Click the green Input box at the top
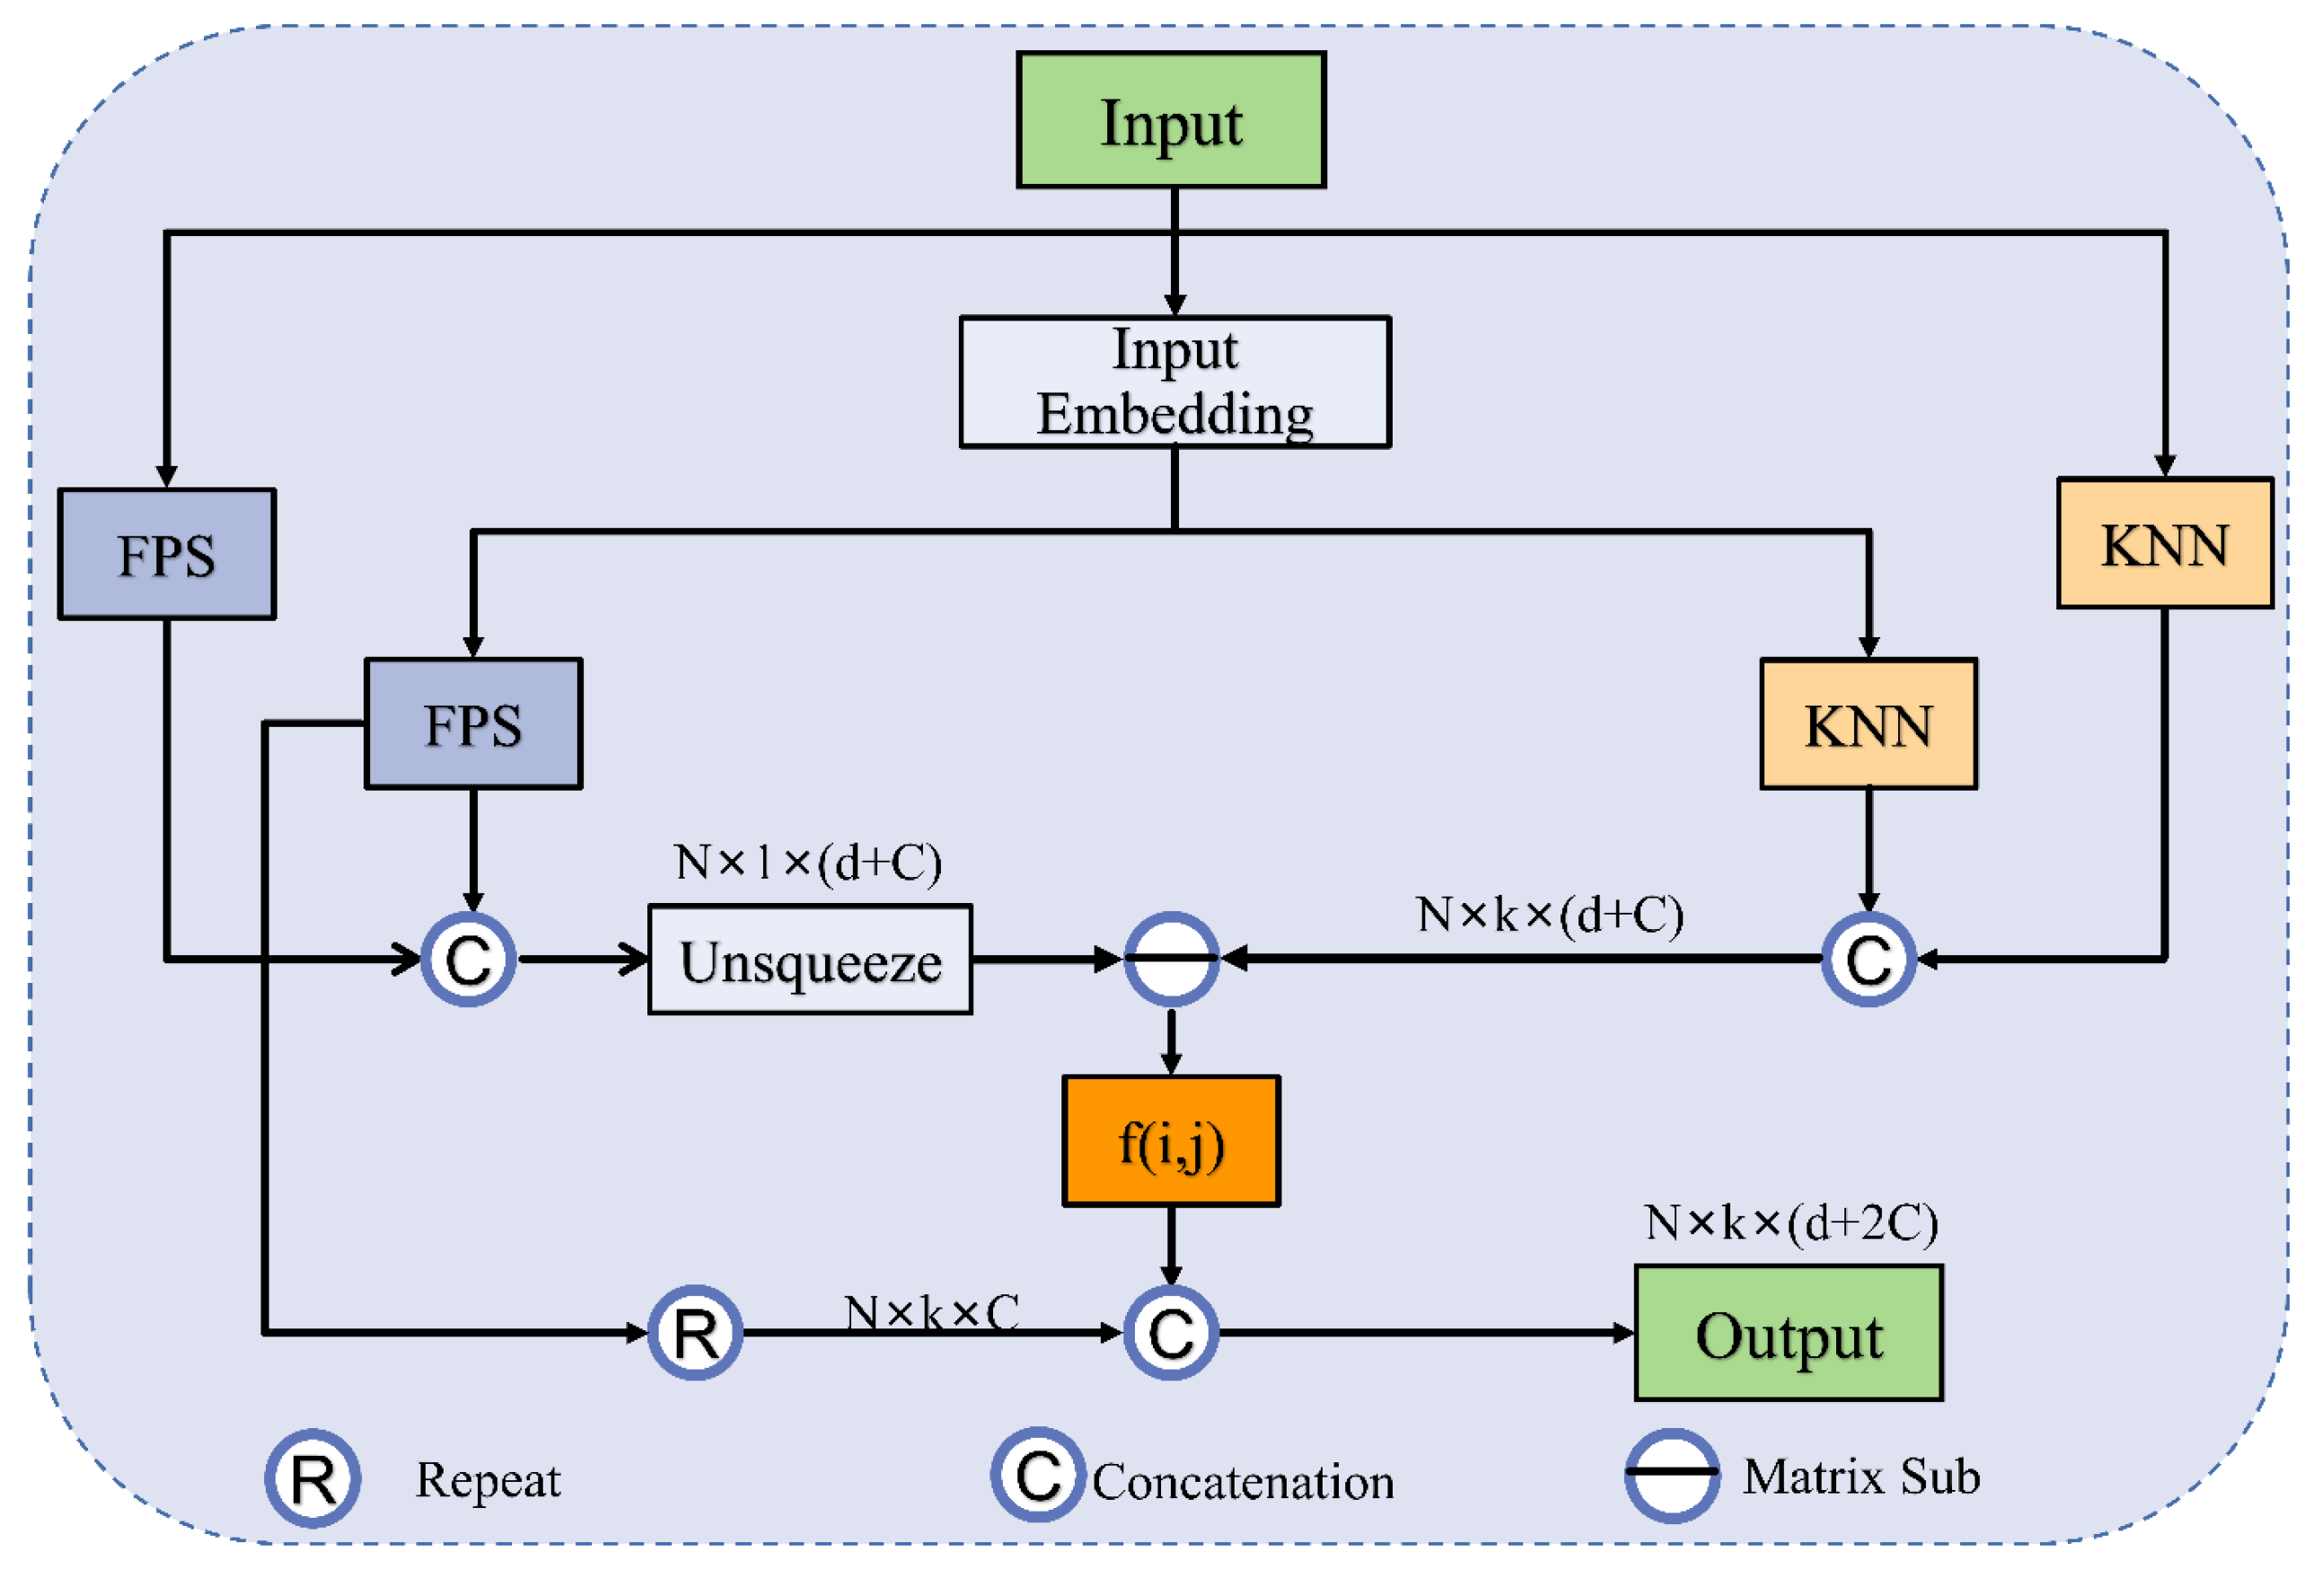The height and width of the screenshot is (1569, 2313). pyautogui.click(x=1171, y=120)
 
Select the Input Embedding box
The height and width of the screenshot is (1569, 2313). pyautogui.click(x=1174, y=382)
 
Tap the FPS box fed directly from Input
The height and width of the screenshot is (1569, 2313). pyautogui.click(x=166, y=554)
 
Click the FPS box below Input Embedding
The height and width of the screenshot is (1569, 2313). pyautogui.click(x=473, y=723)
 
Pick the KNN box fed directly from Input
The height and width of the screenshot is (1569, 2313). pyautogui.click(x=2165, y=543)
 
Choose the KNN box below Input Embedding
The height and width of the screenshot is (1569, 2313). pyautogui.click(x=1869, y=723)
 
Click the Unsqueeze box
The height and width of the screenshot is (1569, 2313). pyautogui.click(x=810, y=960)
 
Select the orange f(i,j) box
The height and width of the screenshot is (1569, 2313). pyautogui.click(x=1171, y=1141)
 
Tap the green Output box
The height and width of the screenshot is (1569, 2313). pyautogui.click(x=1789, y=1333)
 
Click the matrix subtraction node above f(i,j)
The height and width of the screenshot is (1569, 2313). pyautogui.click(x=1171, y=960)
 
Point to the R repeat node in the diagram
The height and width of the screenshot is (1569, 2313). pyautogui.click(x=695, y=1332)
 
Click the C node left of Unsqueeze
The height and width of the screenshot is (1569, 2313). pyautogui.click(x=468, y=960)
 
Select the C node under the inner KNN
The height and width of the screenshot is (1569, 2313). pyautogui.click(x=1869, y=960)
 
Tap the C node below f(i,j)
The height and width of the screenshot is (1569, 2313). pyautogui.click(x=1171, y=1332)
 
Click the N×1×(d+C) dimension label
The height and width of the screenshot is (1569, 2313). pyautogui.click(x=807, y=862)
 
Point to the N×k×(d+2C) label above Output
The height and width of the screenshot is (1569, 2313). pyautogui.click(x=1790, y=1223)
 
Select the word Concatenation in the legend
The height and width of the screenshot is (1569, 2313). pyautogui.click(x=1243, y=1481)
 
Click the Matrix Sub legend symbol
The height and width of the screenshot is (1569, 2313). pyautogui.click(x=1672, y=1476)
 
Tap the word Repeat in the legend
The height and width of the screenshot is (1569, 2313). pyautogui.click(x=488, y=1479)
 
